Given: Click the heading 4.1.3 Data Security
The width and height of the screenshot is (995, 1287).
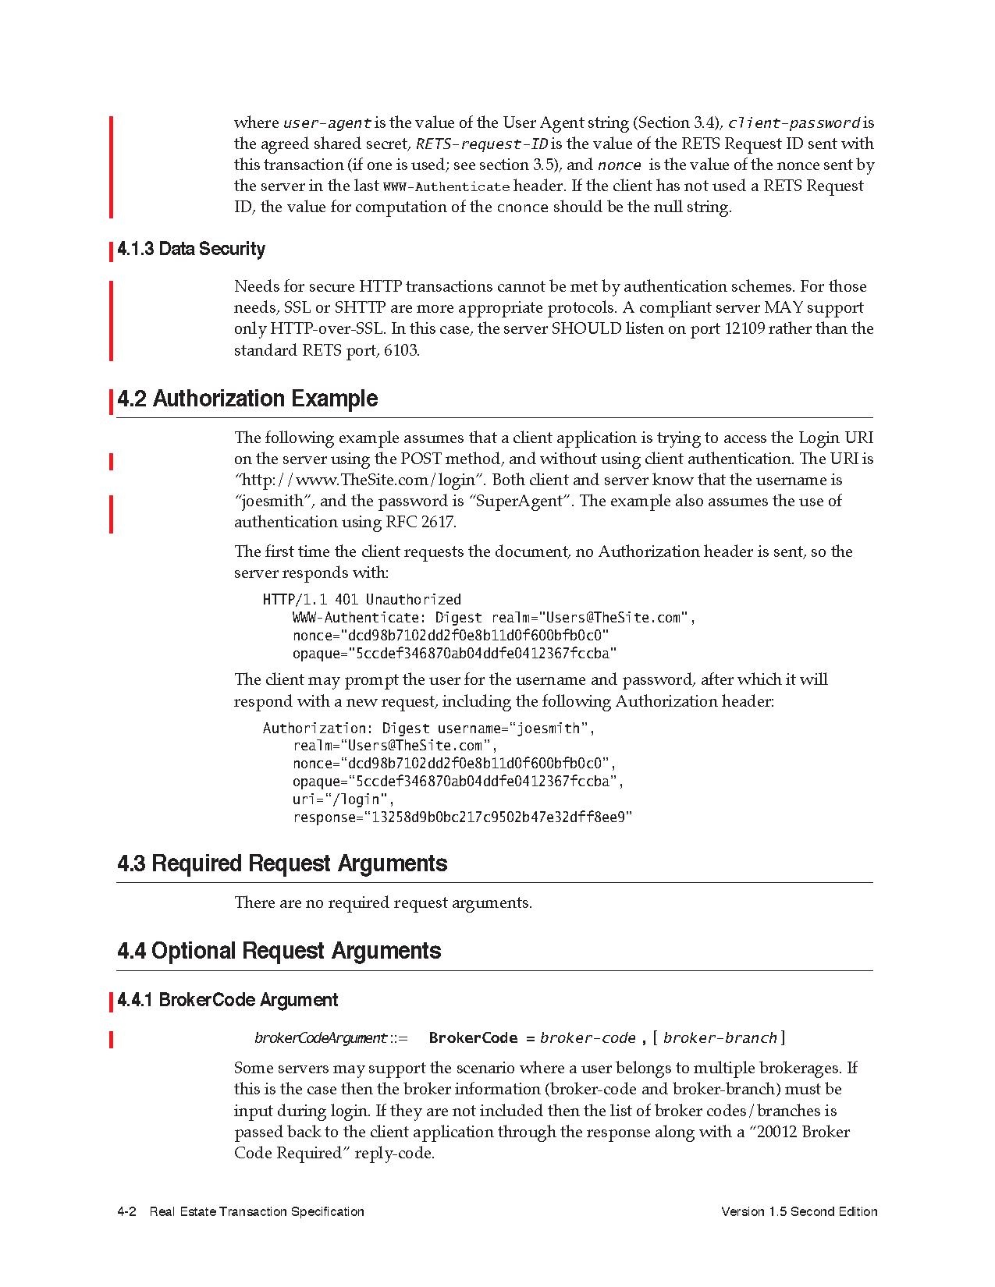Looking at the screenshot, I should (x=191, y=250).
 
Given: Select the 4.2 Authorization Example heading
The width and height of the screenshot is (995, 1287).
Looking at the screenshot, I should (x=247, y=399).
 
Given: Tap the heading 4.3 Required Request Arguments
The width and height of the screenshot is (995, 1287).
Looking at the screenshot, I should (x=283, y=863).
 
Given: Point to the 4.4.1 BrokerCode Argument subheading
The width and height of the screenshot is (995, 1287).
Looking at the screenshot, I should (x=227, y=1000).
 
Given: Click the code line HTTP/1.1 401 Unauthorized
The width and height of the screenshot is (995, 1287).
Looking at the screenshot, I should (x=362, y=600).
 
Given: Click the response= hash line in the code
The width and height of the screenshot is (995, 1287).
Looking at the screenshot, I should (x=462, y=817).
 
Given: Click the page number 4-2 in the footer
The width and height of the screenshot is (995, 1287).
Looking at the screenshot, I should (x=127, y=1211).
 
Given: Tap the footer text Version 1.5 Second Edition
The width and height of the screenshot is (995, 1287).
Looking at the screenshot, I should (x=799, y=1211).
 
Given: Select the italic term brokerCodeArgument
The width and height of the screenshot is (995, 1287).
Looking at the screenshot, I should (x=321, y=1038).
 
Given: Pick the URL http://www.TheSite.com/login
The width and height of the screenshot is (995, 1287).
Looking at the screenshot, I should (x=361, y=480).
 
